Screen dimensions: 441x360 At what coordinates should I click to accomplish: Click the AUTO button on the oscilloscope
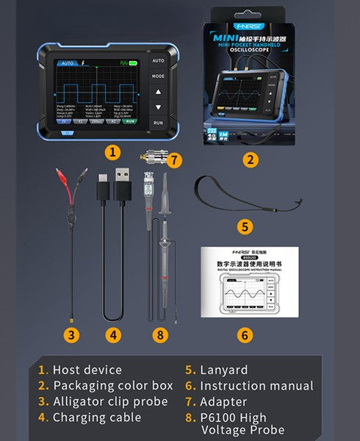point(158,61)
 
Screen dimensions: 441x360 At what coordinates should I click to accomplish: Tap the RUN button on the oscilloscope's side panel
point(158,123)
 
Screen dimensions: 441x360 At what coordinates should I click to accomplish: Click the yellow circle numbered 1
point(112,152)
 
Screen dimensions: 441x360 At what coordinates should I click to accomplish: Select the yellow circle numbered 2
point(251,158)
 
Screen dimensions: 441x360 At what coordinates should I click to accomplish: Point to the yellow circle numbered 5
point(245,226)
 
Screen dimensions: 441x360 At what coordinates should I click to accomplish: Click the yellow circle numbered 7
point(173,159)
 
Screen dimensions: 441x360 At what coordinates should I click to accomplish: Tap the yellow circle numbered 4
point(112,334)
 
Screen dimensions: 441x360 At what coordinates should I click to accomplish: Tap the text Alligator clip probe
point(110,402)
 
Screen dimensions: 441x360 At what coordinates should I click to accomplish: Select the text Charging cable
point(96,418)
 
